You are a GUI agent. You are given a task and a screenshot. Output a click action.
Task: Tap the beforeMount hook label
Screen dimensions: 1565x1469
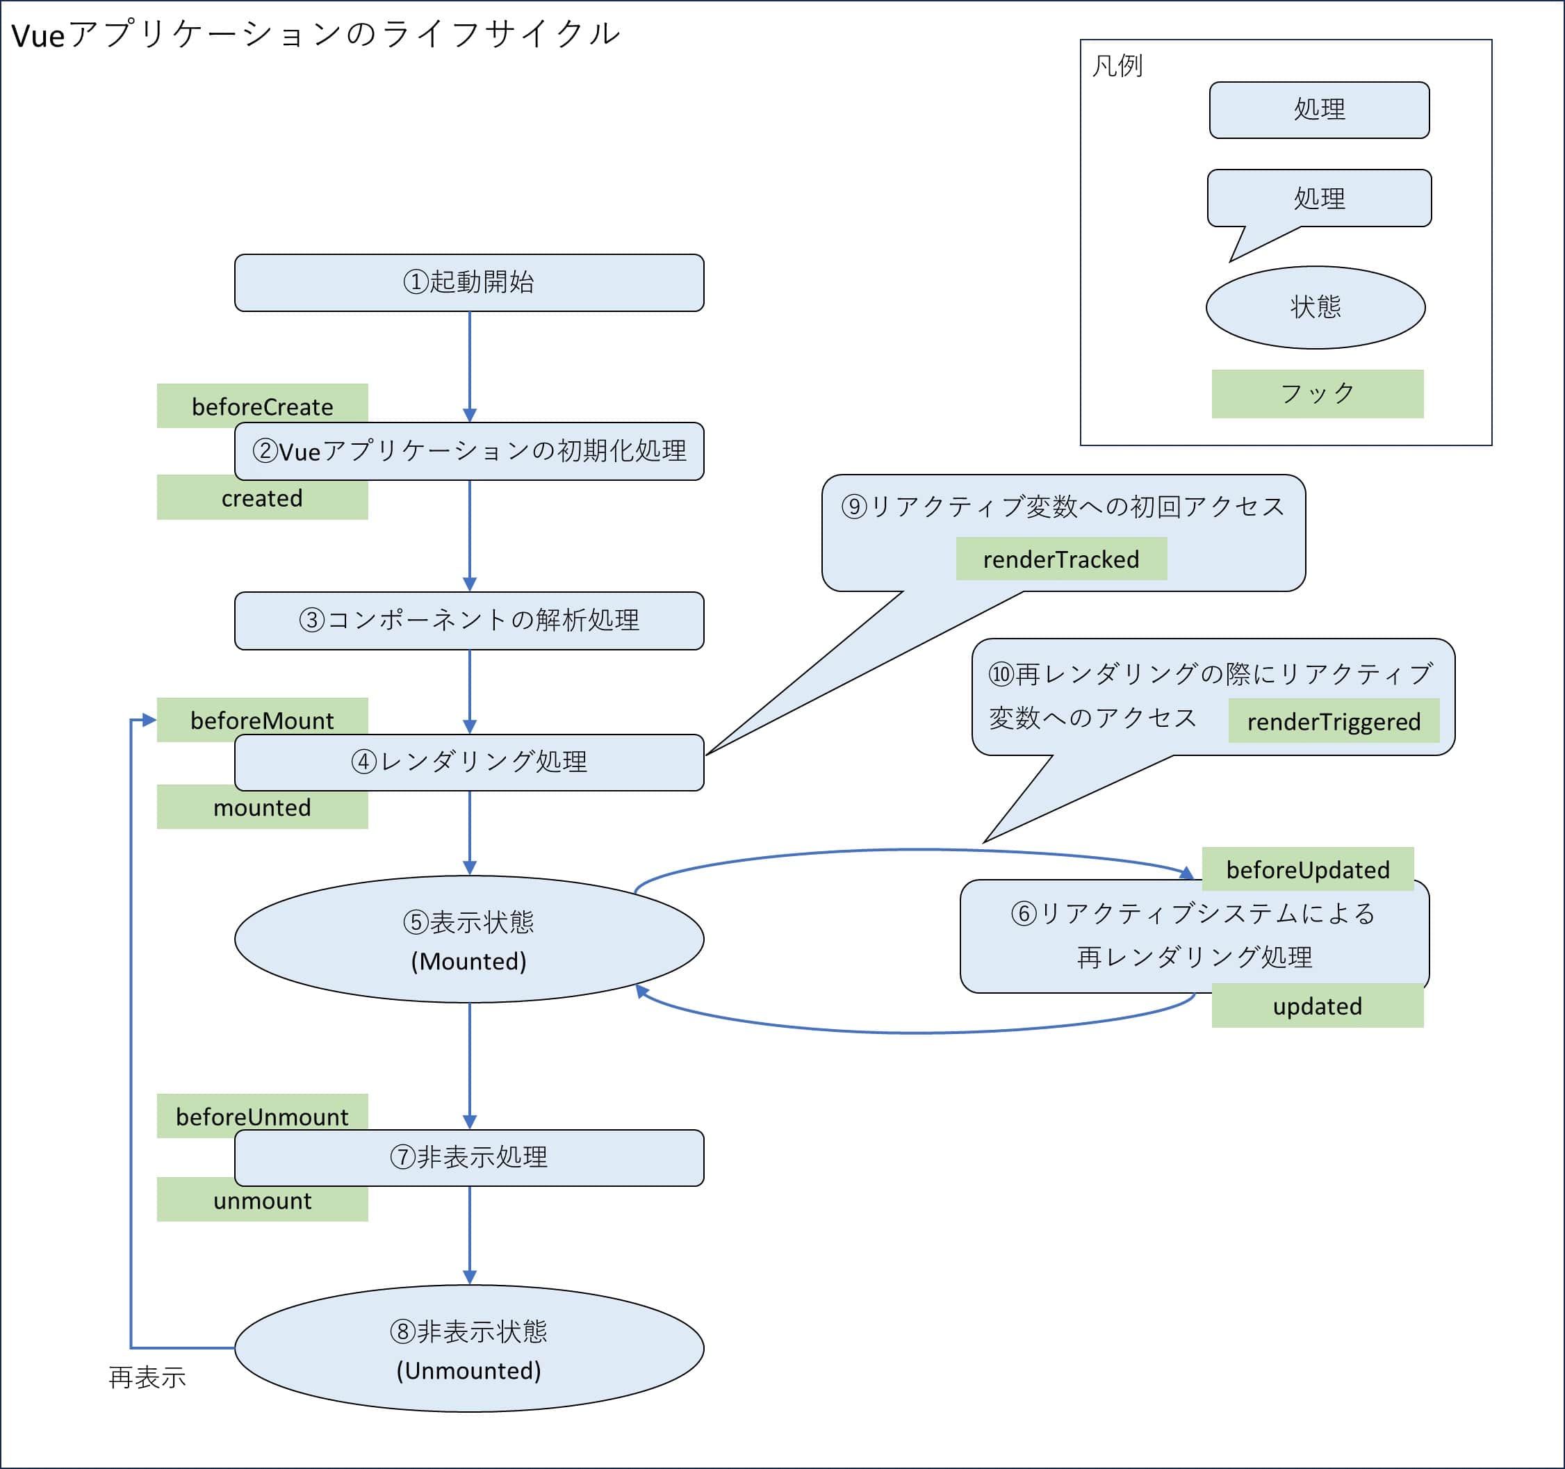(x=262, y=719)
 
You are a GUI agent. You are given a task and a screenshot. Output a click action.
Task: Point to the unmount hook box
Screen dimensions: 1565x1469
(x=262, y=1201)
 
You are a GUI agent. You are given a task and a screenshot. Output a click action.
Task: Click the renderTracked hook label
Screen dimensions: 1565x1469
(x=1061, y=559)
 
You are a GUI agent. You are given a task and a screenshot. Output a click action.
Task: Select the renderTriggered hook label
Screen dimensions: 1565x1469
(x=1334, y=721)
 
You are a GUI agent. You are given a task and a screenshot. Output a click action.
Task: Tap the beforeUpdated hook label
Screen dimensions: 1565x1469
(x=1308, y=869)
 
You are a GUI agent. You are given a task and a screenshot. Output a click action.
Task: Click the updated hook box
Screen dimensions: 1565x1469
(x=1317, y=1006)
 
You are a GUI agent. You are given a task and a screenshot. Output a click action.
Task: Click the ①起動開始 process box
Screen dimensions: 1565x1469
(x=469, y=283)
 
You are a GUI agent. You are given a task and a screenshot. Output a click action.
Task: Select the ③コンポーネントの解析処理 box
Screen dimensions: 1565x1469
(x=469, y=621)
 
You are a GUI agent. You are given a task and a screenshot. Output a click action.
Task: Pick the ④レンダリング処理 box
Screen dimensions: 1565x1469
(x=469, y=762)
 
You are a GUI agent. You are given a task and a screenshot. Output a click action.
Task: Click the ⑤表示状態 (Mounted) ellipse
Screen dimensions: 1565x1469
(x=469, y=939)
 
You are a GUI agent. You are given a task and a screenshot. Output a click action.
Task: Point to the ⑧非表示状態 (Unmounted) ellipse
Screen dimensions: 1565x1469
(x=469, y=1349)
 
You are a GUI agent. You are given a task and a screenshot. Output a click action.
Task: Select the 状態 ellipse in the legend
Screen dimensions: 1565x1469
(x=1316, y=307)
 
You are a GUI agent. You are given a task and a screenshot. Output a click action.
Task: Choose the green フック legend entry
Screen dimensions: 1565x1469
(x=1317, y=393)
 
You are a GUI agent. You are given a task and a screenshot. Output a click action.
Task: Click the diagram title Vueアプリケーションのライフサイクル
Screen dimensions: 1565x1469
(x=316, y=35)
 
